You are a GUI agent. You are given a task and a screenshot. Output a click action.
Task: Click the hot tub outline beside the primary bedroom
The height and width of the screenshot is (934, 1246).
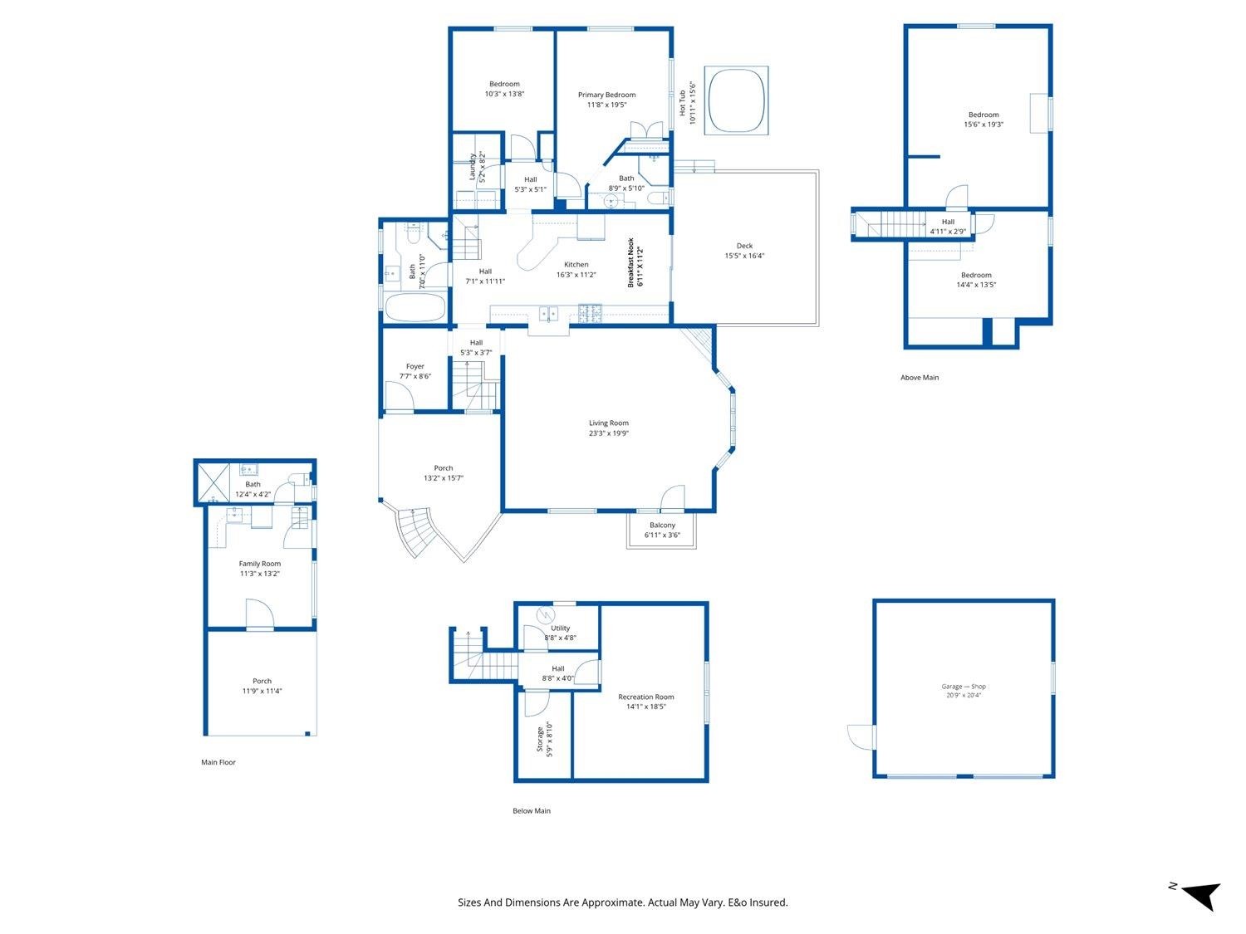coord(736,100)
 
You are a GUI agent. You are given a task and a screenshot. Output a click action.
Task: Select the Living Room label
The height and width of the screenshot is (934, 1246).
coord(609,423)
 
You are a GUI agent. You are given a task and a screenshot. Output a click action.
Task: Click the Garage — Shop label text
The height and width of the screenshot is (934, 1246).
coord(964,687)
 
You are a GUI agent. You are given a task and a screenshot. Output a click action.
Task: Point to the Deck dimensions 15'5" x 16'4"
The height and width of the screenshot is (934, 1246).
coord(744,256)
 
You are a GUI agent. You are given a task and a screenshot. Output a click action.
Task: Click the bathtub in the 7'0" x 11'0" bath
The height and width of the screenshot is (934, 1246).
coord(415,307)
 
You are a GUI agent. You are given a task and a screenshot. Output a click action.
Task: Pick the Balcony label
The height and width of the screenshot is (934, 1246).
coord(662,526)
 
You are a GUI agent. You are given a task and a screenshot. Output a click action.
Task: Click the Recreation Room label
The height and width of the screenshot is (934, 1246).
coord(646,697)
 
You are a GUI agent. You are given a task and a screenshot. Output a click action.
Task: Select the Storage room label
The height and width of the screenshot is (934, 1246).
coord(541,740)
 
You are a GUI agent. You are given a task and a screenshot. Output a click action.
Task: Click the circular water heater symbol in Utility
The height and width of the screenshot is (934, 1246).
coord(544,614)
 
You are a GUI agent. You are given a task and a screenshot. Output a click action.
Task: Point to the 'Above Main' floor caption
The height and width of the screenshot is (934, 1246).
coord(920,378)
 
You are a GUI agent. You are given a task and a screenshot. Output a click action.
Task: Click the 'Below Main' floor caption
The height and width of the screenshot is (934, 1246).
coord(532,811)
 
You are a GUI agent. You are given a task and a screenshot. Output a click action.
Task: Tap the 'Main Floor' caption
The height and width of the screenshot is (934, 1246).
coord(218,762)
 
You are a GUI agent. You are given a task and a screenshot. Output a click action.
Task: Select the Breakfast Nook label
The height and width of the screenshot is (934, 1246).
coord(630,262)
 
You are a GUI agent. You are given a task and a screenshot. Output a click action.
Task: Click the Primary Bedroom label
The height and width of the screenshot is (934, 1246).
coord(607,95)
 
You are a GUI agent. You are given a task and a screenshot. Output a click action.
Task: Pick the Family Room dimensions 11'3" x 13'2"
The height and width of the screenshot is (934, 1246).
coord(259,574)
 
